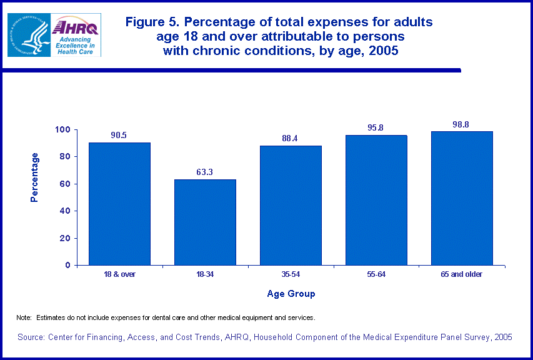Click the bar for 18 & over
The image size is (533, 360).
click(x=119, y=204)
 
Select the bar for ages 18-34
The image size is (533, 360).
click(x=205, y=222)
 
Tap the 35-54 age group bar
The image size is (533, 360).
click(x=291, y=205)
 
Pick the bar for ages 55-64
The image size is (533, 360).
click(x=376, y=200)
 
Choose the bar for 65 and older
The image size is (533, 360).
click(x=462, y=198)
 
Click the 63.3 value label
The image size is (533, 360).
click(x=205, y=171)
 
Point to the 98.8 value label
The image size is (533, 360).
click(x=461, y=124)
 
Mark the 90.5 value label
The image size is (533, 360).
click(x=119, y=135)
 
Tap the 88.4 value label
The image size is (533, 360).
click(x=290, y=138)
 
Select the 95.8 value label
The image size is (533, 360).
click(x=376, y=128)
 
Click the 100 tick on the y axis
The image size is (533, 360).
click(x=62, y=130)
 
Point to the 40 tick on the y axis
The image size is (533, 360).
click(x=65, y=211)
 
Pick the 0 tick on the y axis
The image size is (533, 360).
click(x=67, y=265)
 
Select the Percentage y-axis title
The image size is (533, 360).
click(x=36, y=177)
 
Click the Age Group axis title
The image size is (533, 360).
click(x=291, y=294)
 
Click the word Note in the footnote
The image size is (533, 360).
click(x=23, y=318)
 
